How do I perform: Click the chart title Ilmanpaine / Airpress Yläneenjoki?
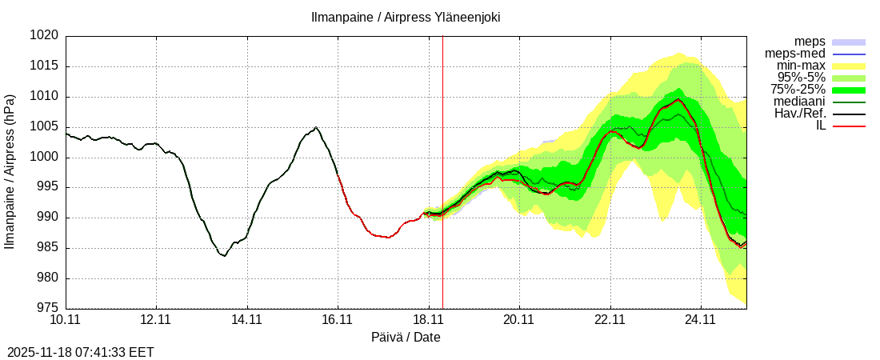(x=406, y=17)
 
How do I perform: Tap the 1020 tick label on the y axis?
(x=45, y=36)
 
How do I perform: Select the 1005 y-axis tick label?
(x=45, y=127)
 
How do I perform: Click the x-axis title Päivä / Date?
(x=406, y=338)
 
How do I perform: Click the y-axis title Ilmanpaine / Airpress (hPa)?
(x=10, y=172)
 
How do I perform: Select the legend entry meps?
(x=810, y=42)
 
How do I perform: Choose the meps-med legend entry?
(x=795, y=54)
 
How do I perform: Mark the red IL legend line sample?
(x=849, y=126)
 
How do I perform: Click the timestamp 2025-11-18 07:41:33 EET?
(x=81, y=352)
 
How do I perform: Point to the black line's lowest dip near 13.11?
(x=224, y=256)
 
